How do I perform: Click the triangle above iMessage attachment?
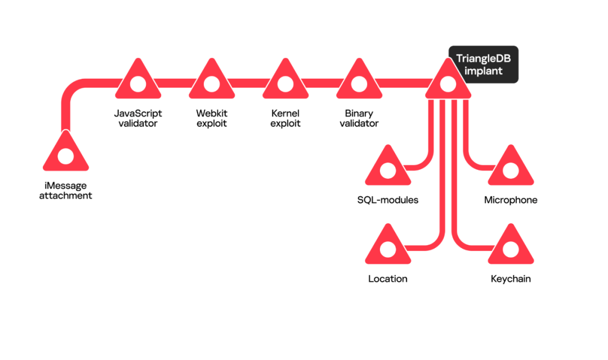coord(65,154)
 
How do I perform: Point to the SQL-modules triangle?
coord(388,168)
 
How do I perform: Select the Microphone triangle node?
coord(511,168)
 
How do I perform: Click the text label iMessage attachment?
coord(65,191)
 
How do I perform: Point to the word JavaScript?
coord(137,113)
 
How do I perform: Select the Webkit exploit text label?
coord(211,118)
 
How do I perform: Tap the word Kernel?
coord(285,113)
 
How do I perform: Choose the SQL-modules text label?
coord(388,200)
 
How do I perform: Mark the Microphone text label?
coord(511,200)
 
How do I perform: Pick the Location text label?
coord(388,278)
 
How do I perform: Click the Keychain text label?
coord(511,278)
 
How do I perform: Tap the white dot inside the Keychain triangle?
coord(511,249)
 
